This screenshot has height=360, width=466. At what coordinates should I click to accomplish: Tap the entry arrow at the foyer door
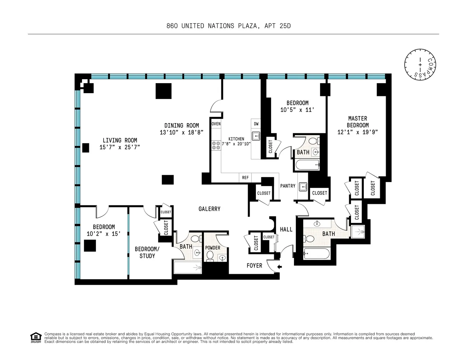(x=280, y=266)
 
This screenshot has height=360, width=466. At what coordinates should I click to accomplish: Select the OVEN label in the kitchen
(x=216, y=124)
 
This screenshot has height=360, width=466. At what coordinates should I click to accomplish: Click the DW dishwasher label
(x=256, y=124)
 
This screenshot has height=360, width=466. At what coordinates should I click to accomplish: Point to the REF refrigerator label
(x=245, y=178)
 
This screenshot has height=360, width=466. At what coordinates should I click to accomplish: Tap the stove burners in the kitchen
(x=216, y=146)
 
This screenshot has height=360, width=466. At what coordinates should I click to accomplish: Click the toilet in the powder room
(x=210, y=256)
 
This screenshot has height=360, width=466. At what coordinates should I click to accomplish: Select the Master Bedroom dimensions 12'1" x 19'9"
(x=357, y=132)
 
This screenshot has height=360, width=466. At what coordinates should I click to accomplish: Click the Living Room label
(x=120, y=140)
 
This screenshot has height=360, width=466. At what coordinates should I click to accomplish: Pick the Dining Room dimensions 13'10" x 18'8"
(x=181, y=132)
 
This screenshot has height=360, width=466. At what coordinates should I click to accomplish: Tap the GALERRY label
(x=209, y=209)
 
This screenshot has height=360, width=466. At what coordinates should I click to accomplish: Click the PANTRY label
(x=288, y=186)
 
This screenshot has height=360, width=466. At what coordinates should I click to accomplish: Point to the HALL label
(x=286, y=230)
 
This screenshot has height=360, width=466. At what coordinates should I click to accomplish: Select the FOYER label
(x=254, y=266)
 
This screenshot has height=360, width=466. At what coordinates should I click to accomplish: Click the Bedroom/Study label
(x=144, y=252)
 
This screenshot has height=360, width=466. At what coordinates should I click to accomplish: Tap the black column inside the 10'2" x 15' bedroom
(x=90, y=245)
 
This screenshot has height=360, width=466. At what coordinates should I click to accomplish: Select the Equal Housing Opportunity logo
(x=36, y=337)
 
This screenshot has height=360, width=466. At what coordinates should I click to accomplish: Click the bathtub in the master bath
(x=316, y=254)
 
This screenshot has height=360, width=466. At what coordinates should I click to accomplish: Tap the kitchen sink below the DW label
(x=256, y=136)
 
